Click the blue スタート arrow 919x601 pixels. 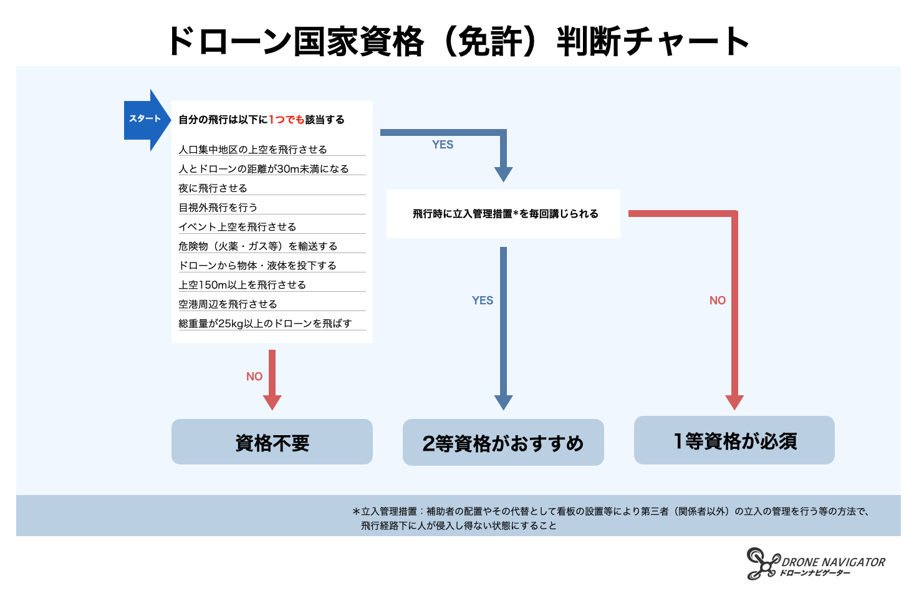point(145,119)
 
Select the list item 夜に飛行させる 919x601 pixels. point(213,188)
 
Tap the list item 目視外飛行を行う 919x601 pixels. point(218,208)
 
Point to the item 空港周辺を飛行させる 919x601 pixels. point(228,304)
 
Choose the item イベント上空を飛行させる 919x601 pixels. point(237,227)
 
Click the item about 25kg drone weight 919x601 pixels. point(265,324)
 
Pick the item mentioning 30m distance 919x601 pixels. point(263,169)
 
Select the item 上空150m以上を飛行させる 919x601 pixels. point(242,285)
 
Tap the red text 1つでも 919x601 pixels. point(286,120)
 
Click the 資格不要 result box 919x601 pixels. point(272,442)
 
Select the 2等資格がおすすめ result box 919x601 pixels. point(503,443)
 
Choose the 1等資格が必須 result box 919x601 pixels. point(734,441)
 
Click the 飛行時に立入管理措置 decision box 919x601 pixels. point(503,214)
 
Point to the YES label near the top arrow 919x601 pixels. point(443,145)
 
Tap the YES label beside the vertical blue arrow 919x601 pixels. point(483,300)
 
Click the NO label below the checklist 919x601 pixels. point(254,377)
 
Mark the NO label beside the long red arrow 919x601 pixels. point(718,300)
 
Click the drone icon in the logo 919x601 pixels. point(763,564)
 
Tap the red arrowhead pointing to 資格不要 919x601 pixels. point(272,402)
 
